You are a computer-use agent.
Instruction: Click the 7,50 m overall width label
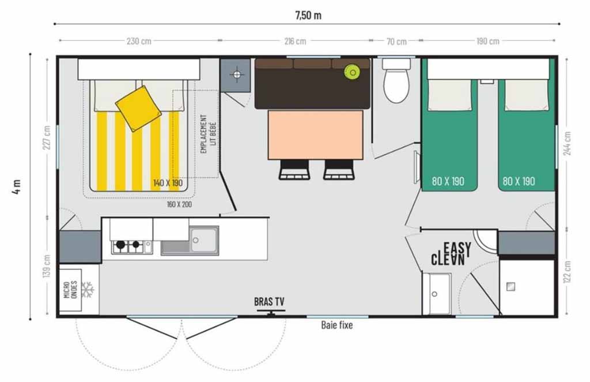coord(308,15)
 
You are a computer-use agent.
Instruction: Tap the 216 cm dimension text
coord(295,41)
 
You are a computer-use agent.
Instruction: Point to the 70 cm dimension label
coord(396,42)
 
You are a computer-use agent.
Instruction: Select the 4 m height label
coord(17,187)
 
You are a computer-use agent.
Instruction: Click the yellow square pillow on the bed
coord(138,108)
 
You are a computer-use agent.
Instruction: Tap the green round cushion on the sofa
coord(352,72)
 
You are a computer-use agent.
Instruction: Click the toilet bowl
coord(396,85)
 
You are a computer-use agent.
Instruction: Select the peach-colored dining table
coord(316,135)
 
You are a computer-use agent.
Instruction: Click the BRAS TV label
coord(269,302)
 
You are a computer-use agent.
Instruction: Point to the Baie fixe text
coord(336,325)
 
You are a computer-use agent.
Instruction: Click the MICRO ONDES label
coord(71,290)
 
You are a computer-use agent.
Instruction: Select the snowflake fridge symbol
coord(88,290)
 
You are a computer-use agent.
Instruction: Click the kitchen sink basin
coord(203,241)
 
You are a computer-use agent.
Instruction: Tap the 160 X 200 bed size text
coord(180,205)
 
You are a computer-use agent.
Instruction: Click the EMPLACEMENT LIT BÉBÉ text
coord(208,134)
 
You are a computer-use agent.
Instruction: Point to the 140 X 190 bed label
coord(168,183)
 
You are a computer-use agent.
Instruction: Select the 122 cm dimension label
coord(568,271)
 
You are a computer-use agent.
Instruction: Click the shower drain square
coord(510,287)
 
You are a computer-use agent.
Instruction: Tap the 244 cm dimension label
coord(568,143)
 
